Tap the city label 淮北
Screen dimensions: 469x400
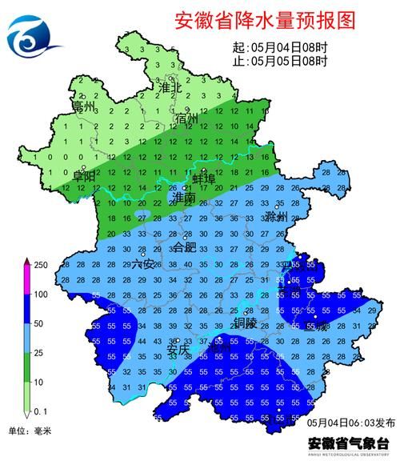[170, 86]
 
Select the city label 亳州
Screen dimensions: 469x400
[83, 106]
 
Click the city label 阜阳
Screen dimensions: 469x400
[85, 175]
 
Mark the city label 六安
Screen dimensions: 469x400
[142, 263]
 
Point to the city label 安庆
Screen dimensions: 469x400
[178, 348]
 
